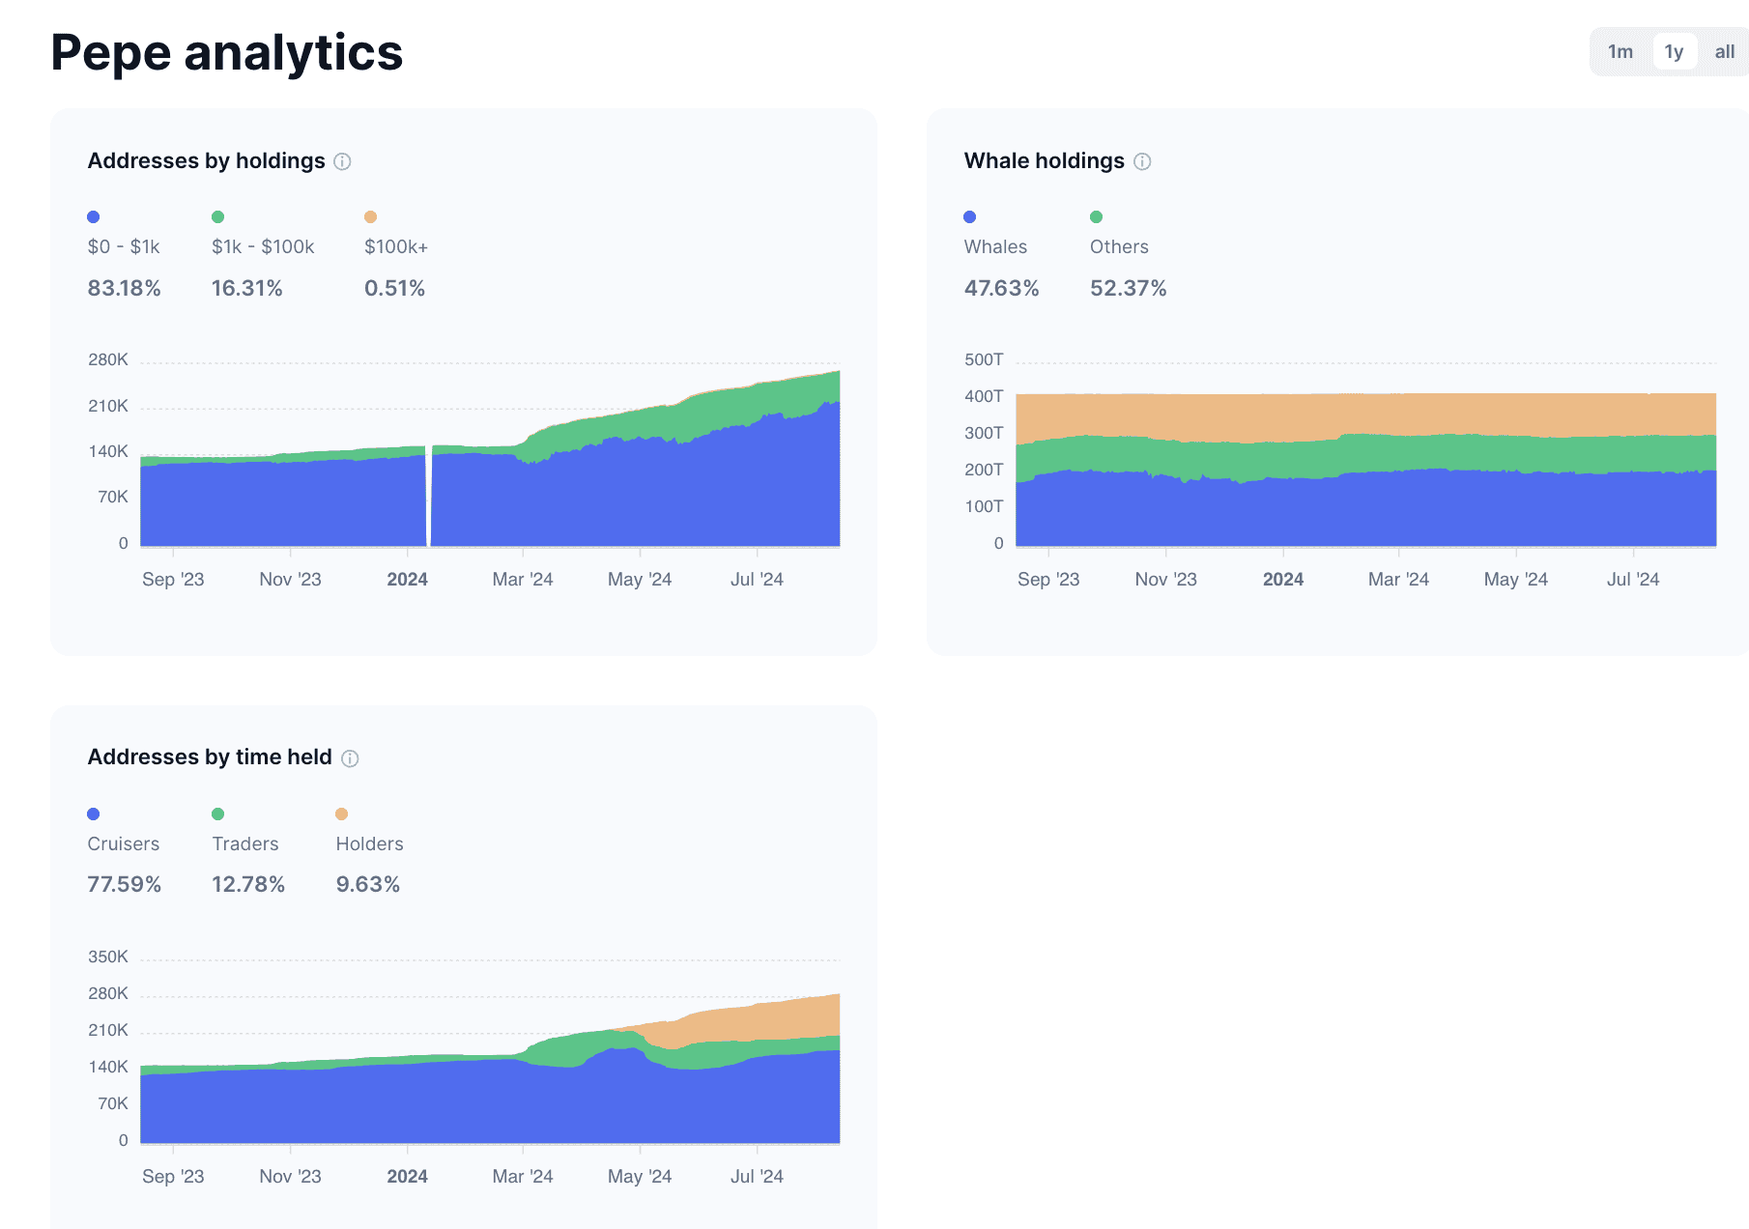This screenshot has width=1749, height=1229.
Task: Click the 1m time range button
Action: (1620, 52)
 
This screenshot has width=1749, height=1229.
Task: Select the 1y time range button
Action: (1674, 52)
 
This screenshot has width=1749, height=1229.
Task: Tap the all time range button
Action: (1725, 52)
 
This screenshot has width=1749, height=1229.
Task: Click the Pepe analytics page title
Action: (227, 52)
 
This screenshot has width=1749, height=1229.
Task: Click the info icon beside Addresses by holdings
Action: (342, 161)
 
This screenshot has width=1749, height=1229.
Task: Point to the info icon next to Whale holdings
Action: (1142, 161)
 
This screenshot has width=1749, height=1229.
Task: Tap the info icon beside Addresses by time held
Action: (350, 758)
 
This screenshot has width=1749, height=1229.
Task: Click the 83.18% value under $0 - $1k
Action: (124, 288)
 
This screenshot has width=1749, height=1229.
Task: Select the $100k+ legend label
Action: (396, 247)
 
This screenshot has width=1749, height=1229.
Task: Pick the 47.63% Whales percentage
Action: (1001, 288)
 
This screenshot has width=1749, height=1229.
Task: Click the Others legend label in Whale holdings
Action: (1119, 247)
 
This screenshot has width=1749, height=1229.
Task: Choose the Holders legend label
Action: (369, 844)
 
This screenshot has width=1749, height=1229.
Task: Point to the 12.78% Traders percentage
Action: (248, 885)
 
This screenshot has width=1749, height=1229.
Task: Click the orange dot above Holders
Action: (341, 815)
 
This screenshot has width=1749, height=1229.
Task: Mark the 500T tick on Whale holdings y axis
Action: (984, 360)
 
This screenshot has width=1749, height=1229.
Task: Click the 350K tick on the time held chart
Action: (108, 957)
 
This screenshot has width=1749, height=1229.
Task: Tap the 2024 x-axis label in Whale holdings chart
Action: (1283, 580)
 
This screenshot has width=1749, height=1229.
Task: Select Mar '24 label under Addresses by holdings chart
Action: (523, 580)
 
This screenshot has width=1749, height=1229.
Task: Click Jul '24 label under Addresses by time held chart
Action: (757, 1177)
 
